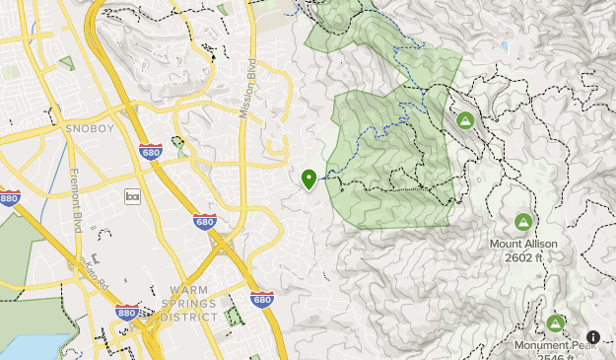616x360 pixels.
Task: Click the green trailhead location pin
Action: pos(309,179)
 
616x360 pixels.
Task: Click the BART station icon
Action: pos(133,196)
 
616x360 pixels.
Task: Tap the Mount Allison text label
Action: pos(523,244)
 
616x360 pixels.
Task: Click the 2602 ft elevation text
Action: pos(523,257)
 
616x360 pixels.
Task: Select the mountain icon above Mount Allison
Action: pos(523,222)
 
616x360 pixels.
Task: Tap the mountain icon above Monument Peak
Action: pos(556,324)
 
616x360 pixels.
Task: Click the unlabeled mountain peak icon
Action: pos(465,120)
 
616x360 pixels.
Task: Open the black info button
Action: pos(593,337)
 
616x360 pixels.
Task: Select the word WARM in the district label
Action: pos(171,292)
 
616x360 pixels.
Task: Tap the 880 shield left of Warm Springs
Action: pos(126,313)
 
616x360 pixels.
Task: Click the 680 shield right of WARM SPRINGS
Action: pos(261,299)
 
